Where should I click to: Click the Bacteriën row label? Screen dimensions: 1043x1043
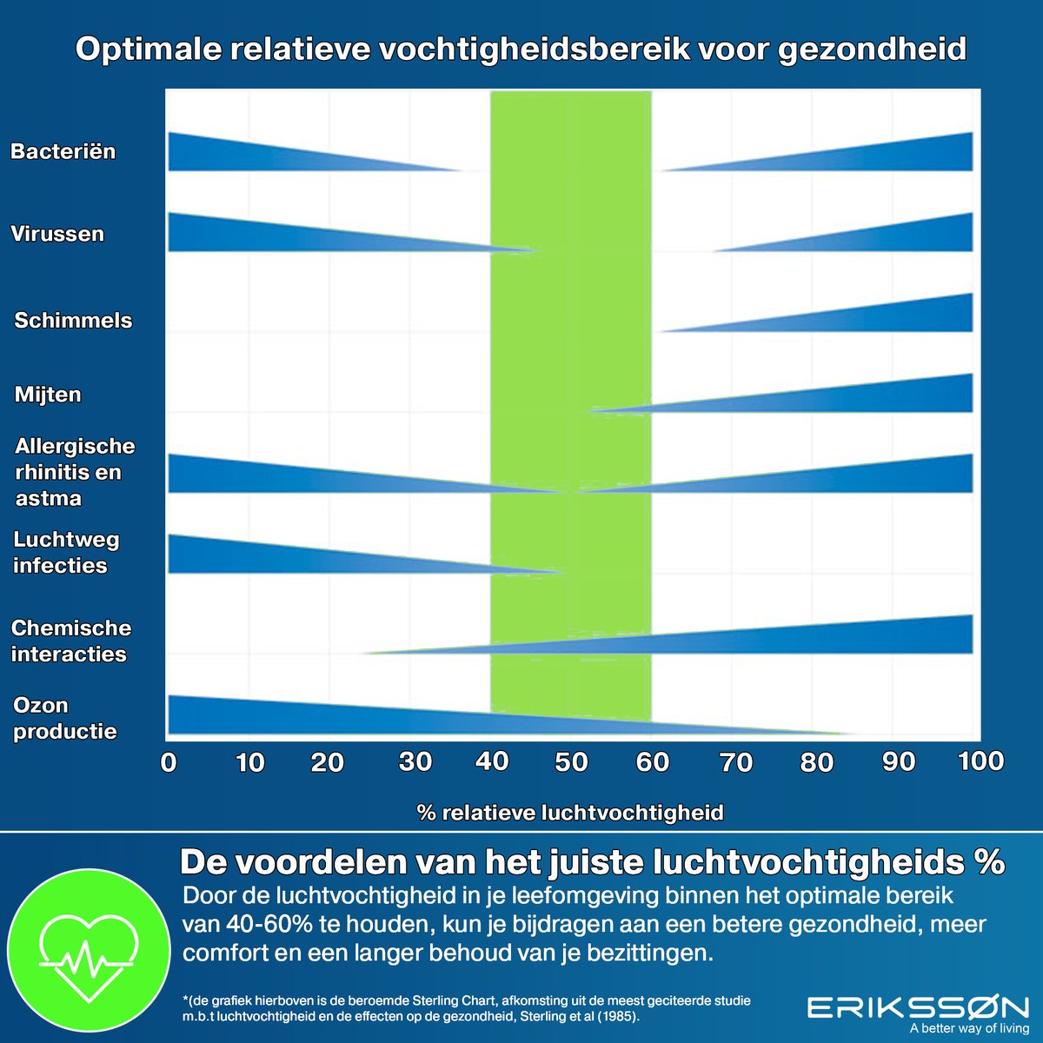(63, 151)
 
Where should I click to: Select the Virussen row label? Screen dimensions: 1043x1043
(57, 234)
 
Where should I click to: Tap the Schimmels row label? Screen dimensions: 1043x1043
(73, 320)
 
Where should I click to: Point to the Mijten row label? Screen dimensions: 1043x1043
(48, 395)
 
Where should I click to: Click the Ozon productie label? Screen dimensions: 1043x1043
(64, 718)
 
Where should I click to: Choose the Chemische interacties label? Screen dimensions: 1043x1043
(70, 641)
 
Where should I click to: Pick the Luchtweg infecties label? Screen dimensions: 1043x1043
(66, 552)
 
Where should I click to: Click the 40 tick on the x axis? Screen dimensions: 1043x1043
(492, 762)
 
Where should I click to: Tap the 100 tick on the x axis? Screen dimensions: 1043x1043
(980, 761)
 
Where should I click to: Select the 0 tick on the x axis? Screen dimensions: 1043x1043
(169, 763)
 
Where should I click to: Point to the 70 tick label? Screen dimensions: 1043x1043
(736, 763)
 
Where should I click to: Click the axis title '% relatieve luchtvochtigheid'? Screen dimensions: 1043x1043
(570, 813)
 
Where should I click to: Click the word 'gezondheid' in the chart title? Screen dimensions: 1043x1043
(872, 49)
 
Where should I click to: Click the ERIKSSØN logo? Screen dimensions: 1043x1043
(918, 1008)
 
